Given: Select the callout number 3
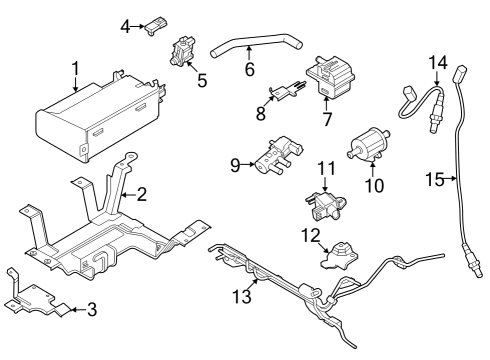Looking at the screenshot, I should click(91, 309).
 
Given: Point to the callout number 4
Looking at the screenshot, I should click(125, 25).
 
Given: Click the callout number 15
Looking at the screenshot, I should click(433, 179).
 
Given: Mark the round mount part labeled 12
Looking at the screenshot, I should click(341, 255).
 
